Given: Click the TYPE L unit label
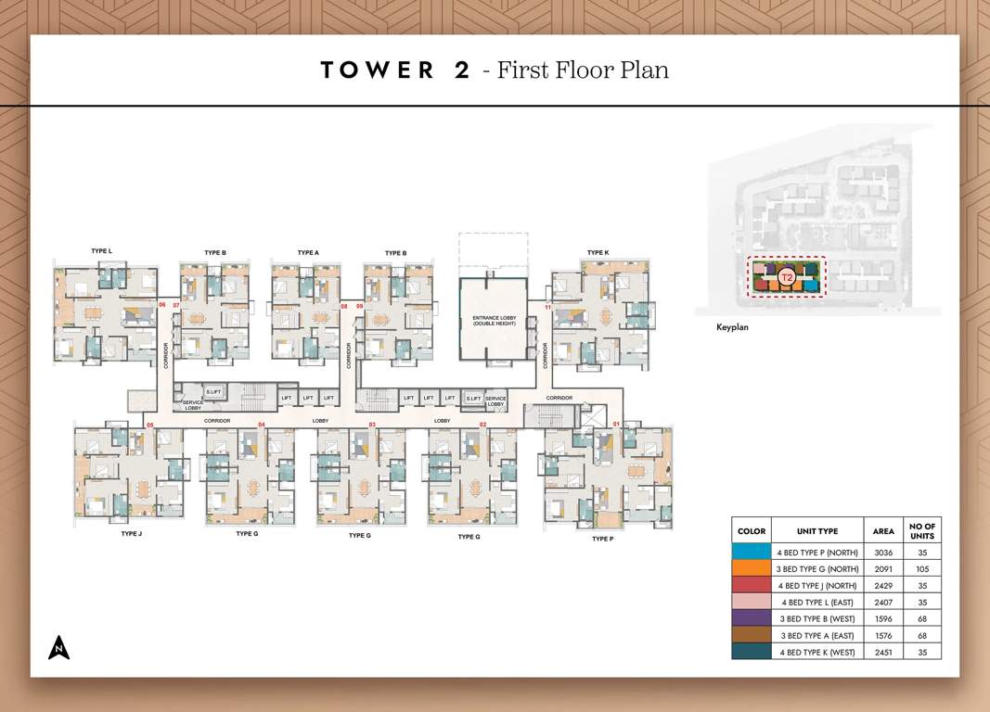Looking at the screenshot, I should (101, 251).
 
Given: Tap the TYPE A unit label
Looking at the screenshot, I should (308, 252).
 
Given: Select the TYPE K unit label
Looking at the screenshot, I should (598, 252).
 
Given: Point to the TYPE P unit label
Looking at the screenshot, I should (602, 539).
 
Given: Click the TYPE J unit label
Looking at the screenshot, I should (131, 534).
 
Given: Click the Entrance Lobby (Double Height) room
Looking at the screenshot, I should (494, 321).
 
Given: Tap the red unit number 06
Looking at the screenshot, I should (161, 304).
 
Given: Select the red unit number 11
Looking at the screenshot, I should (548, 307).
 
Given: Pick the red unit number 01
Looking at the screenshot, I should (616, 424).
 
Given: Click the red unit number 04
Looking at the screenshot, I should (262, 425).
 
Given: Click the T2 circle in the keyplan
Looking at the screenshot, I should (787, 276).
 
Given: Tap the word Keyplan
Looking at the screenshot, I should (732, 327).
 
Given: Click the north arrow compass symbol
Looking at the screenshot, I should (59, 648).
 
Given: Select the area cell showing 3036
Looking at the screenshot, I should (883, 552).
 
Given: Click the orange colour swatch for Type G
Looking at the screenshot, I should (751, 568).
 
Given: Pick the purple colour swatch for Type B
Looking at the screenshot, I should (751, 618).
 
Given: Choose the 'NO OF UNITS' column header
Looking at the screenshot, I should (922, 530).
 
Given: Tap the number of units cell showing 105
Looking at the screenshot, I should (922, 568).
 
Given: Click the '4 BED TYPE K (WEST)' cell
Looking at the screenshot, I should (816, 652).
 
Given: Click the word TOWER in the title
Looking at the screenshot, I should (377, 70).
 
